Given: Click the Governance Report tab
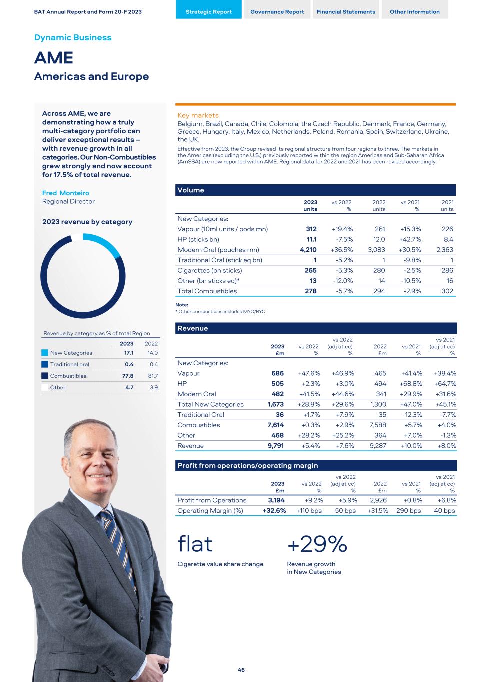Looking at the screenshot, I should [277, 12].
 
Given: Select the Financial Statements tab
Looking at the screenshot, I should [346, 12].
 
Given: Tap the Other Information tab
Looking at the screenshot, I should [415, 12].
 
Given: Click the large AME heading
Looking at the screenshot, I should [54, 58].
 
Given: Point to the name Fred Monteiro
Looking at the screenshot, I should [66, 193].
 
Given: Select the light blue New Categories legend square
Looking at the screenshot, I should [45, 353].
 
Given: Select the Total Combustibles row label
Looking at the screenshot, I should [207, 291].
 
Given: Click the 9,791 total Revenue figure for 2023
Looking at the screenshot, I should [276, 446].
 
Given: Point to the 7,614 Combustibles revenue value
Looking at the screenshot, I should [276, 425].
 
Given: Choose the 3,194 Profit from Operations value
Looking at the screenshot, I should [276, 500].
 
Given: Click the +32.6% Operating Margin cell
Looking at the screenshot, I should [274, 511].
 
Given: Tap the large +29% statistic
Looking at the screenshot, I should [317, 544].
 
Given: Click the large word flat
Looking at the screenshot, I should [195, 544].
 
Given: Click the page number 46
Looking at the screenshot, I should [241, 670].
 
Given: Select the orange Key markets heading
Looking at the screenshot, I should [198, 115].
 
